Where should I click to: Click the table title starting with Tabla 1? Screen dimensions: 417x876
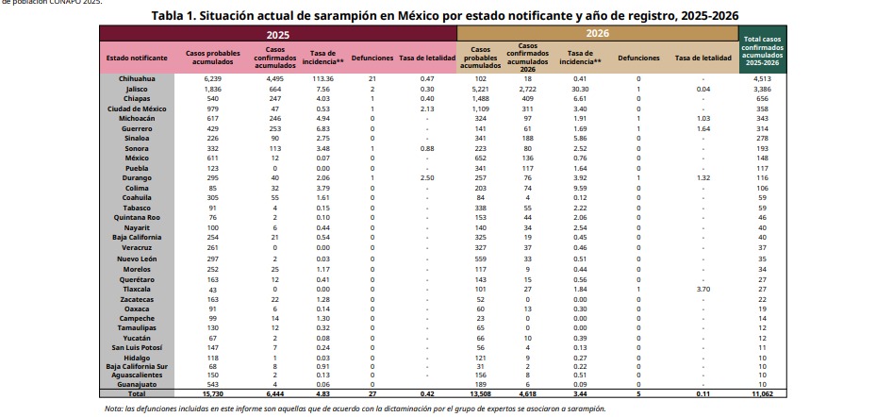point(445,16)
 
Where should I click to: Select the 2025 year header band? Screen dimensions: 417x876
point(278,33)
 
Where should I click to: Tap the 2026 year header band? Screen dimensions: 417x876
point(598,33)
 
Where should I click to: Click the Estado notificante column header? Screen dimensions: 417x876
point(137,58)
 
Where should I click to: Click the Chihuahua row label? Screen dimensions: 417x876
point(137,78)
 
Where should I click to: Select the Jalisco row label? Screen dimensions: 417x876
point(137,88)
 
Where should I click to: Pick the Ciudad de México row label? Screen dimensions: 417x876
point(137,108)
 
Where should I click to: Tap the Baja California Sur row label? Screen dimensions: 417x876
point(137,366)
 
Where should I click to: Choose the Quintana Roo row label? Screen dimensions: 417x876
point(137,217)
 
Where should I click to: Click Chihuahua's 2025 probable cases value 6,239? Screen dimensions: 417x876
point(212,78)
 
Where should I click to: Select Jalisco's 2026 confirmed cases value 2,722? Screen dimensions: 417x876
point(528,88)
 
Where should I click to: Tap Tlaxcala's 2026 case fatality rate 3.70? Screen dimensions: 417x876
point(703,287)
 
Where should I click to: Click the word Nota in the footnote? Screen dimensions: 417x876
point(114,409)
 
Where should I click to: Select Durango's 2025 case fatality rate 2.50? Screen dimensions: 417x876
point(427,177)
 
